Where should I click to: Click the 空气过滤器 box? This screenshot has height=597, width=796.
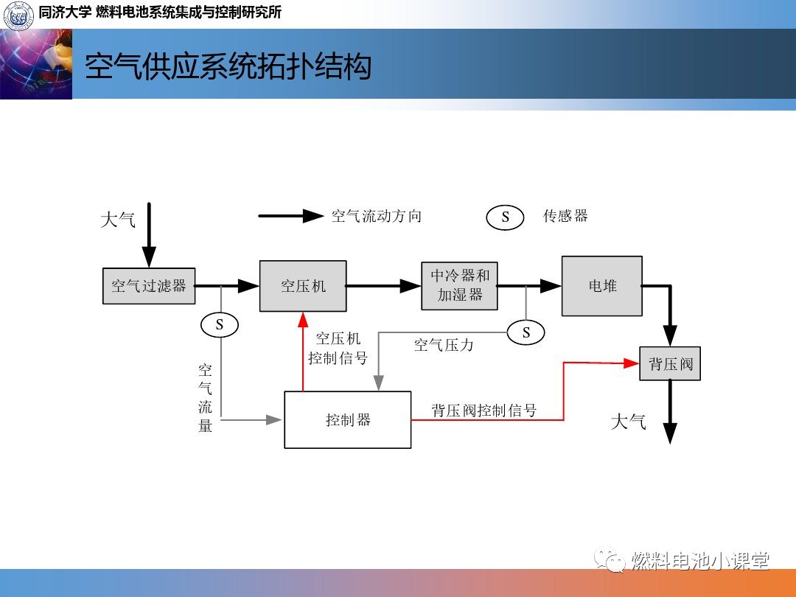149,286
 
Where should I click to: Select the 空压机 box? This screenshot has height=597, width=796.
303,286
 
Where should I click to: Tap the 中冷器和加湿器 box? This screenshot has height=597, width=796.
460,285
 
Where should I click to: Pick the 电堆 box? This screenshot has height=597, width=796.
602,286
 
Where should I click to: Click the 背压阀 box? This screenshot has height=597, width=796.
670,363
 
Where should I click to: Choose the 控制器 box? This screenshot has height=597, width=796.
348,419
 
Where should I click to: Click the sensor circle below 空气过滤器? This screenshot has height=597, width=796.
220,324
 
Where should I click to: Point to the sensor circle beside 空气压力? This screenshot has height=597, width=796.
526,332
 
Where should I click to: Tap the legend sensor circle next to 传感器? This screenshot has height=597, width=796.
505,217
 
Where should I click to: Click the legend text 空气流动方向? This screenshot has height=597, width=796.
376,216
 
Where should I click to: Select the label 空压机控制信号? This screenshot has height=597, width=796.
338,348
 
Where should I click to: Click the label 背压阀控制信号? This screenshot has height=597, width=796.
484,411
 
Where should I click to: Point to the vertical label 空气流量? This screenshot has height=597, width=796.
206,397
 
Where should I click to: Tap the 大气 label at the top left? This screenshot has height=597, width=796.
118,220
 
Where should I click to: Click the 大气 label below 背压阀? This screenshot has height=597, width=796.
629,422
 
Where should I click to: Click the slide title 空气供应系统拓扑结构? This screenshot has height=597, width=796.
228,66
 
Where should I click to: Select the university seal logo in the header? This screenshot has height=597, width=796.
18,15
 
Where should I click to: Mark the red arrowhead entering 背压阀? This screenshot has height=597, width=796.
630,363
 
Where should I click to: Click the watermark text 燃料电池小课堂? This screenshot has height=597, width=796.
700,561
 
